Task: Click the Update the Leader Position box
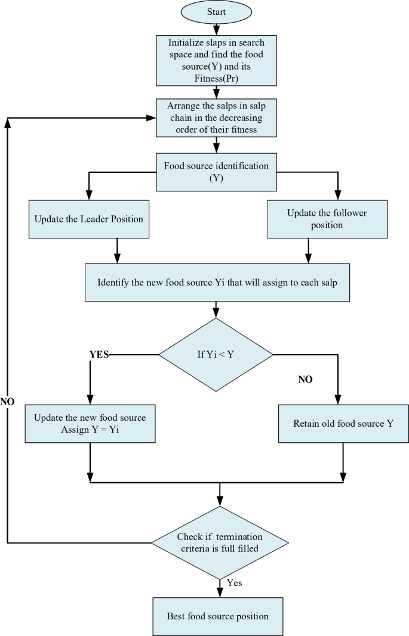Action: tap(89, 219)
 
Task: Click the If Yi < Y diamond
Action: tap(216, 355)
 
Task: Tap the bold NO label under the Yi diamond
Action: tap(305, 379)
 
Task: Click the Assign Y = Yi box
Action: tap(90, 423)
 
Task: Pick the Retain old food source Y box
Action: tap(342, 424)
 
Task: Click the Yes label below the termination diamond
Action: tap(235, 582)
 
